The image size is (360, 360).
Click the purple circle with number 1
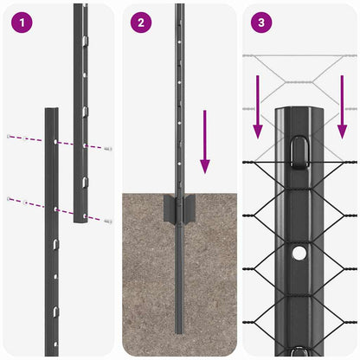[x=21, y=22]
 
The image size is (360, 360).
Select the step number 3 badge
[x=261, y=22]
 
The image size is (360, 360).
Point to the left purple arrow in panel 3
[x=257, y=107]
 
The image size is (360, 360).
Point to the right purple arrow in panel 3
[x=342, y=107]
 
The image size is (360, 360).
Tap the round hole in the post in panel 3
[x=299, y=254]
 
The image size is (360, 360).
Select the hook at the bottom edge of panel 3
[x=299, y=351]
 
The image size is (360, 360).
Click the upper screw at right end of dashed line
[x=108, y=150]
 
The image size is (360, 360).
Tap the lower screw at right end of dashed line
[x=108, y=222]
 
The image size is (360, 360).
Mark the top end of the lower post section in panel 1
[x=51, y=111]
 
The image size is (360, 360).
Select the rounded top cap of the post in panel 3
[x=299, y=112]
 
